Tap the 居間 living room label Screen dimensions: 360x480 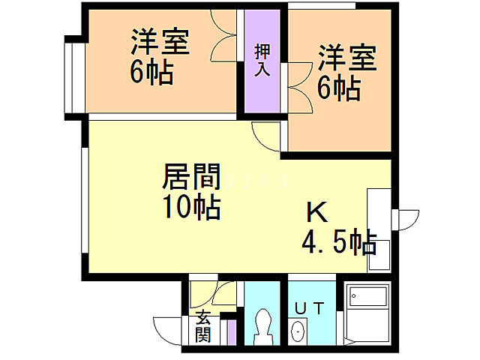pos(192,179)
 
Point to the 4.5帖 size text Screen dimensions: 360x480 pos(339,242)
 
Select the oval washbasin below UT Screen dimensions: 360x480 pos(298,331)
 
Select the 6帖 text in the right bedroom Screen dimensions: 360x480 pos(337,88)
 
